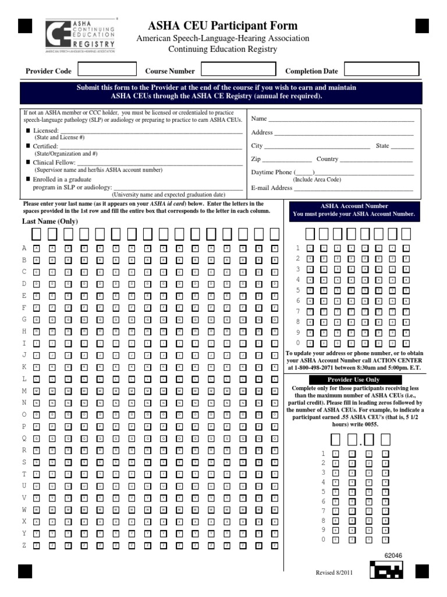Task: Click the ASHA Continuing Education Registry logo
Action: click(x=80, y=36)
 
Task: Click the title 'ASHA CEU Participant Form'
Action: click(x=223, y=26)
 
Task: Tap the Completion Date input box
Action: click(x=373, y=70)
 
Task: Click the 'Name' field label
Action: click(x=259, y=119)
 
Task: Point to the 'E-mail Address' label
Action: click(x=272, y=188)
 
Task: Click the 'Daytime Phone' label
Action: click(x=272, y=173)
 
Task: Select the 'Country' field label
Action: click(x=327, y=159)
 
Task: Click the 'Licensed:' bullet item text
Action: click(x=46, y=131)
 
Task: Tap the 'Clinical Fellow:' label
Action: click(x=54, y=163)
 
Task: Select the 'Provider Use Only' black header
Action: click(x=353, y=380)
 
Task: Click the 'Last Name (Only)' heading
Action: click(x=50, y=222)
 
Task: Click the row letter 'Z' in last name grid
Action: click(x=24, y=545)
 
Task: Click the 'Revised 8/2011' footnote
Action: click(x=334, y=573)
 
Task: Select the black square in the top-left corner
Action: click(x=25, y=26)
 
